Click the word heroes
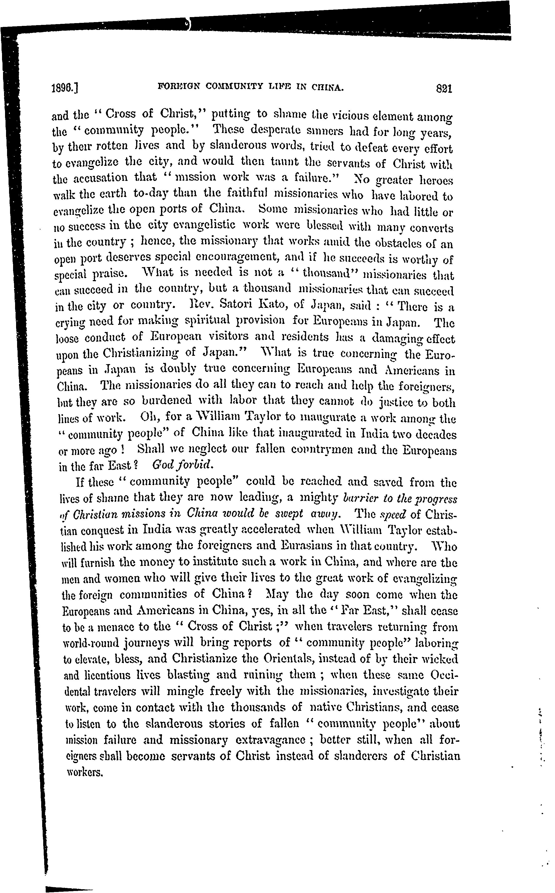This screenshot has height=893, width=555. point(435,180)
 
